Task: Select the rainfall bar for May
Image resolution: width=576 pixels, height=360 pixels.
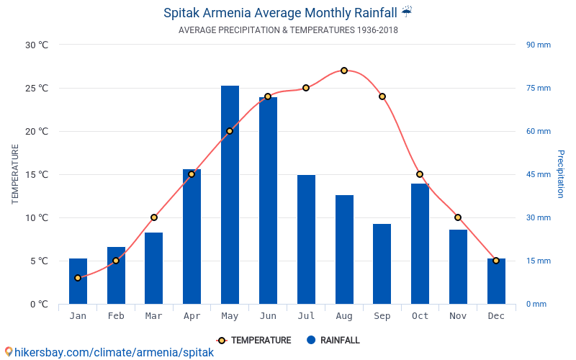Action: (x=230, y=194)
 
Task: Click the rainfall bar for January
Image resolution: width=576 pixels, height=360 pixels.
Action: (x=78, y=281)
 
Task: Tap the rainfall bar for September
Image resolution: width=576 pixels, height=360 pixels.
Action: (x=382, y=264)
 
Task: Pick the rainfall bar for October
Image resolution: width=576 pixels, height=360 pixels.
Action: (x=420, y=243)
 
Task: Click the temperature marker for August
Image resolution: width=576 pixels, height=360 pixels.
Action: (x=344, y=71)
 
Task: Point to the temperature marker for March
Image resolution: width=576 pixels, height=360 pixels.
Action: (x=154, y=217)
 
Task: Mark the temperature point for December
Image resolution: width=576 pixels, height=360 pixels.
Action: (x=496, y=261)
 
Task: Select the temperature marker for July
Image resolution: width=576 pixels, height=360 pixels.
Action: (x=306, y=88)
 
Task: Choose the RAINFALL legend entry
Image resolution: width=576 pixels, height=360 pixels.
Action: (x=333, y=341)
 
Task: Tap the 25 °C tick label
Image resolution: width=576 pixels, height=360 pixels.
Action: (x=37, y=89)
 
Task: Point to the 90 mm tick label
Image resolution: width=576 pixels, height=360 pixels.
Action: (x=538, y=45)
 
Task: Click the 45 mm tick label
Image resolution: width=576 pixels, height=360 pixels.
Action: (x=538, y=174)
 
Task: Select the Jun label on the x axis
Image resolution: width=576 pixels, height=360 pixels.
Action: (x=268, y=316)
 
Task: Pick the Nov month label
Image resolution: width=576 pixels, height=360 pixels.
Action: (x=458, y=316)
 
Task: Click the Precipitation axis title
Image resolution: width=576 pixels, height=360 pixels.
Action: (x=560, y=174)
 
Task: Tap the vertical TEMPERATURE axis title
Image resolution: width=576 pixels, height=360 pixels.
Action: (x=15, y=174)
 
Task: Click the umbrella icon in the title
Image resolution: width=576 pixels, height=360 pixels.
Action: (x=407, y=12)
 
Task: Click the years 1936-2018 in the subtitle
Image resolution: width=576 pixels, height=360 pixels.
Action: (x=377, y=30)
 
